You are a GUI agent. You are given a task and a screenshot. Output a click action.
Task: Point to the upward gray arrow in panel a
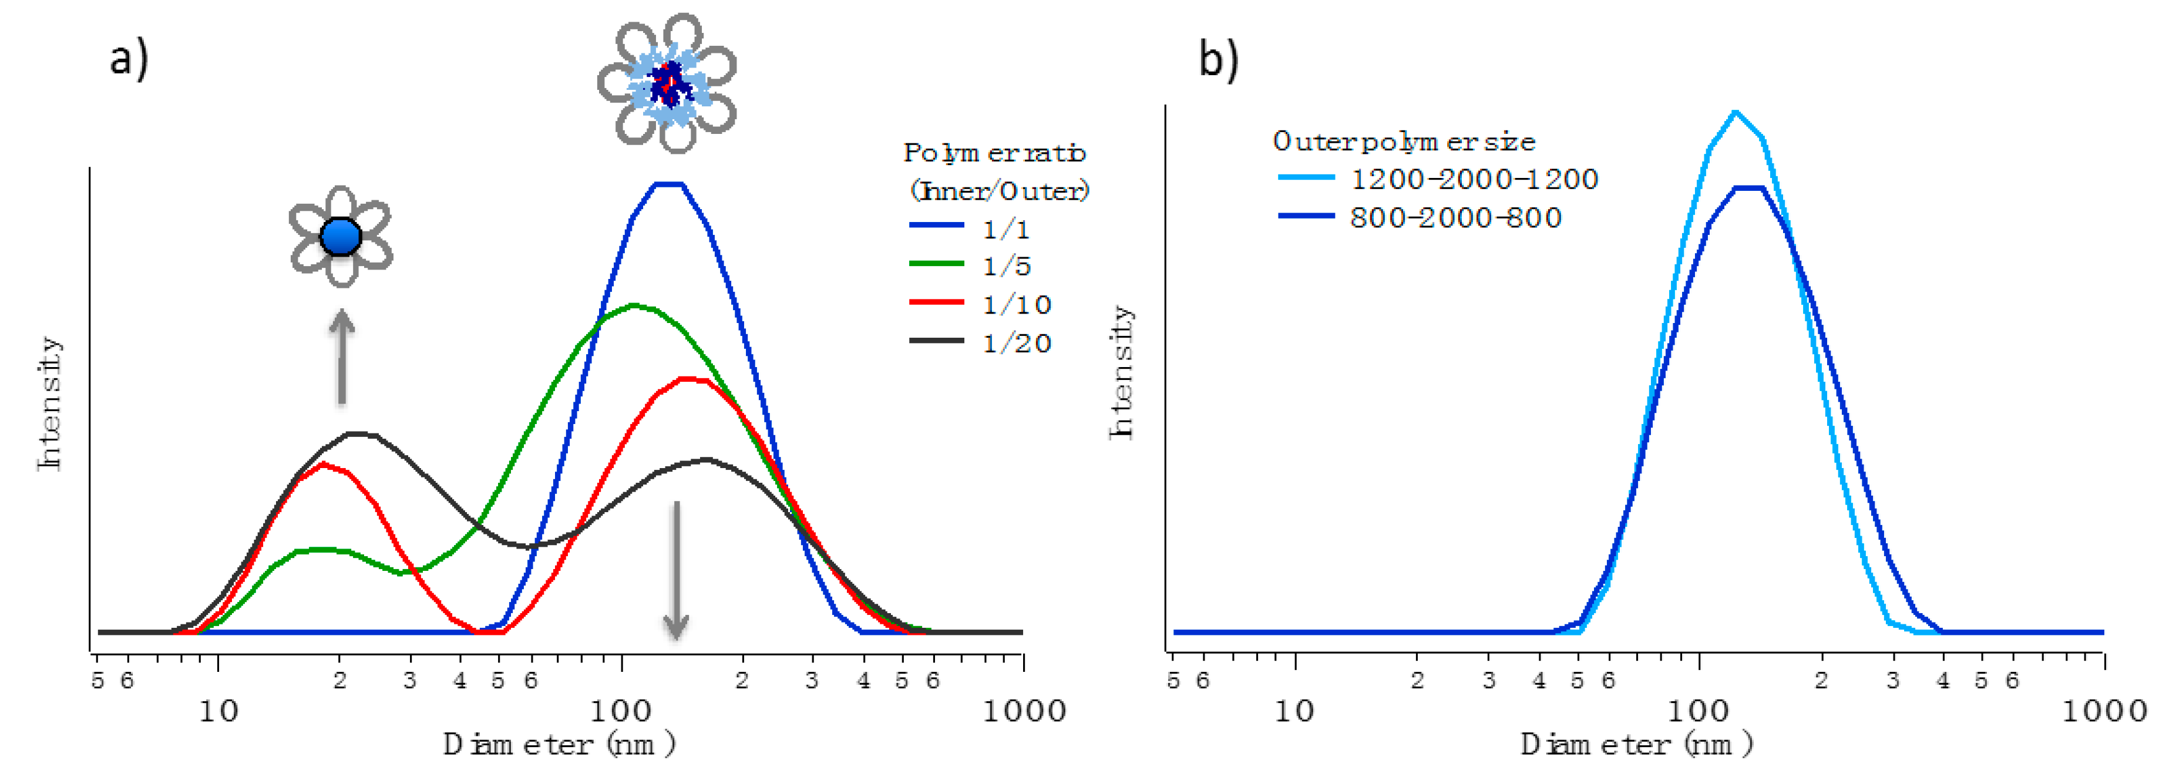tap(341, 358)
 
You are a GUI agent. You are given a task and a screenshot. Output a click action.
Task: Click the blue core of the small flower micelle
tap(341, 236)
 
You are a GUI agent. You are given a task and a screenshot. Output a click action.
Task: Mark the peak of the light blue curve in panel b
tap(1736, 112)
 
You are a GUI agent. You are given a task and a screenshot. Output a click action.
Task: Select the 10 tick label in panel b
tap(1294, 711)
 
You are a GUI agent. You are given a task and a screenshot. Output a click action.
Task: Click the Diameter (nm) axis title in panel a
tap(559, 744)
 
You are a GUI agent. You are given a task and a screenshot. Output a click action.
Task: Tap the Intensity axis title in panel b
tap(1121, 372)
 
